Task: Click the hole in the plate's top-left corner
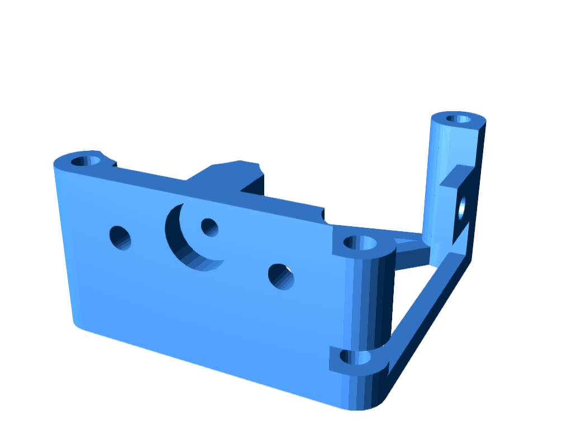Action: (85, 161)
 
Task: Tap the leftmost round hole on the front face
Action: (120, 238)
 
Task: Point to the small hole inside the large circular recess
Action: (209, 227)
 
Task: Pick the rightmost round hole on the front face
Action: (281, 277)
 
